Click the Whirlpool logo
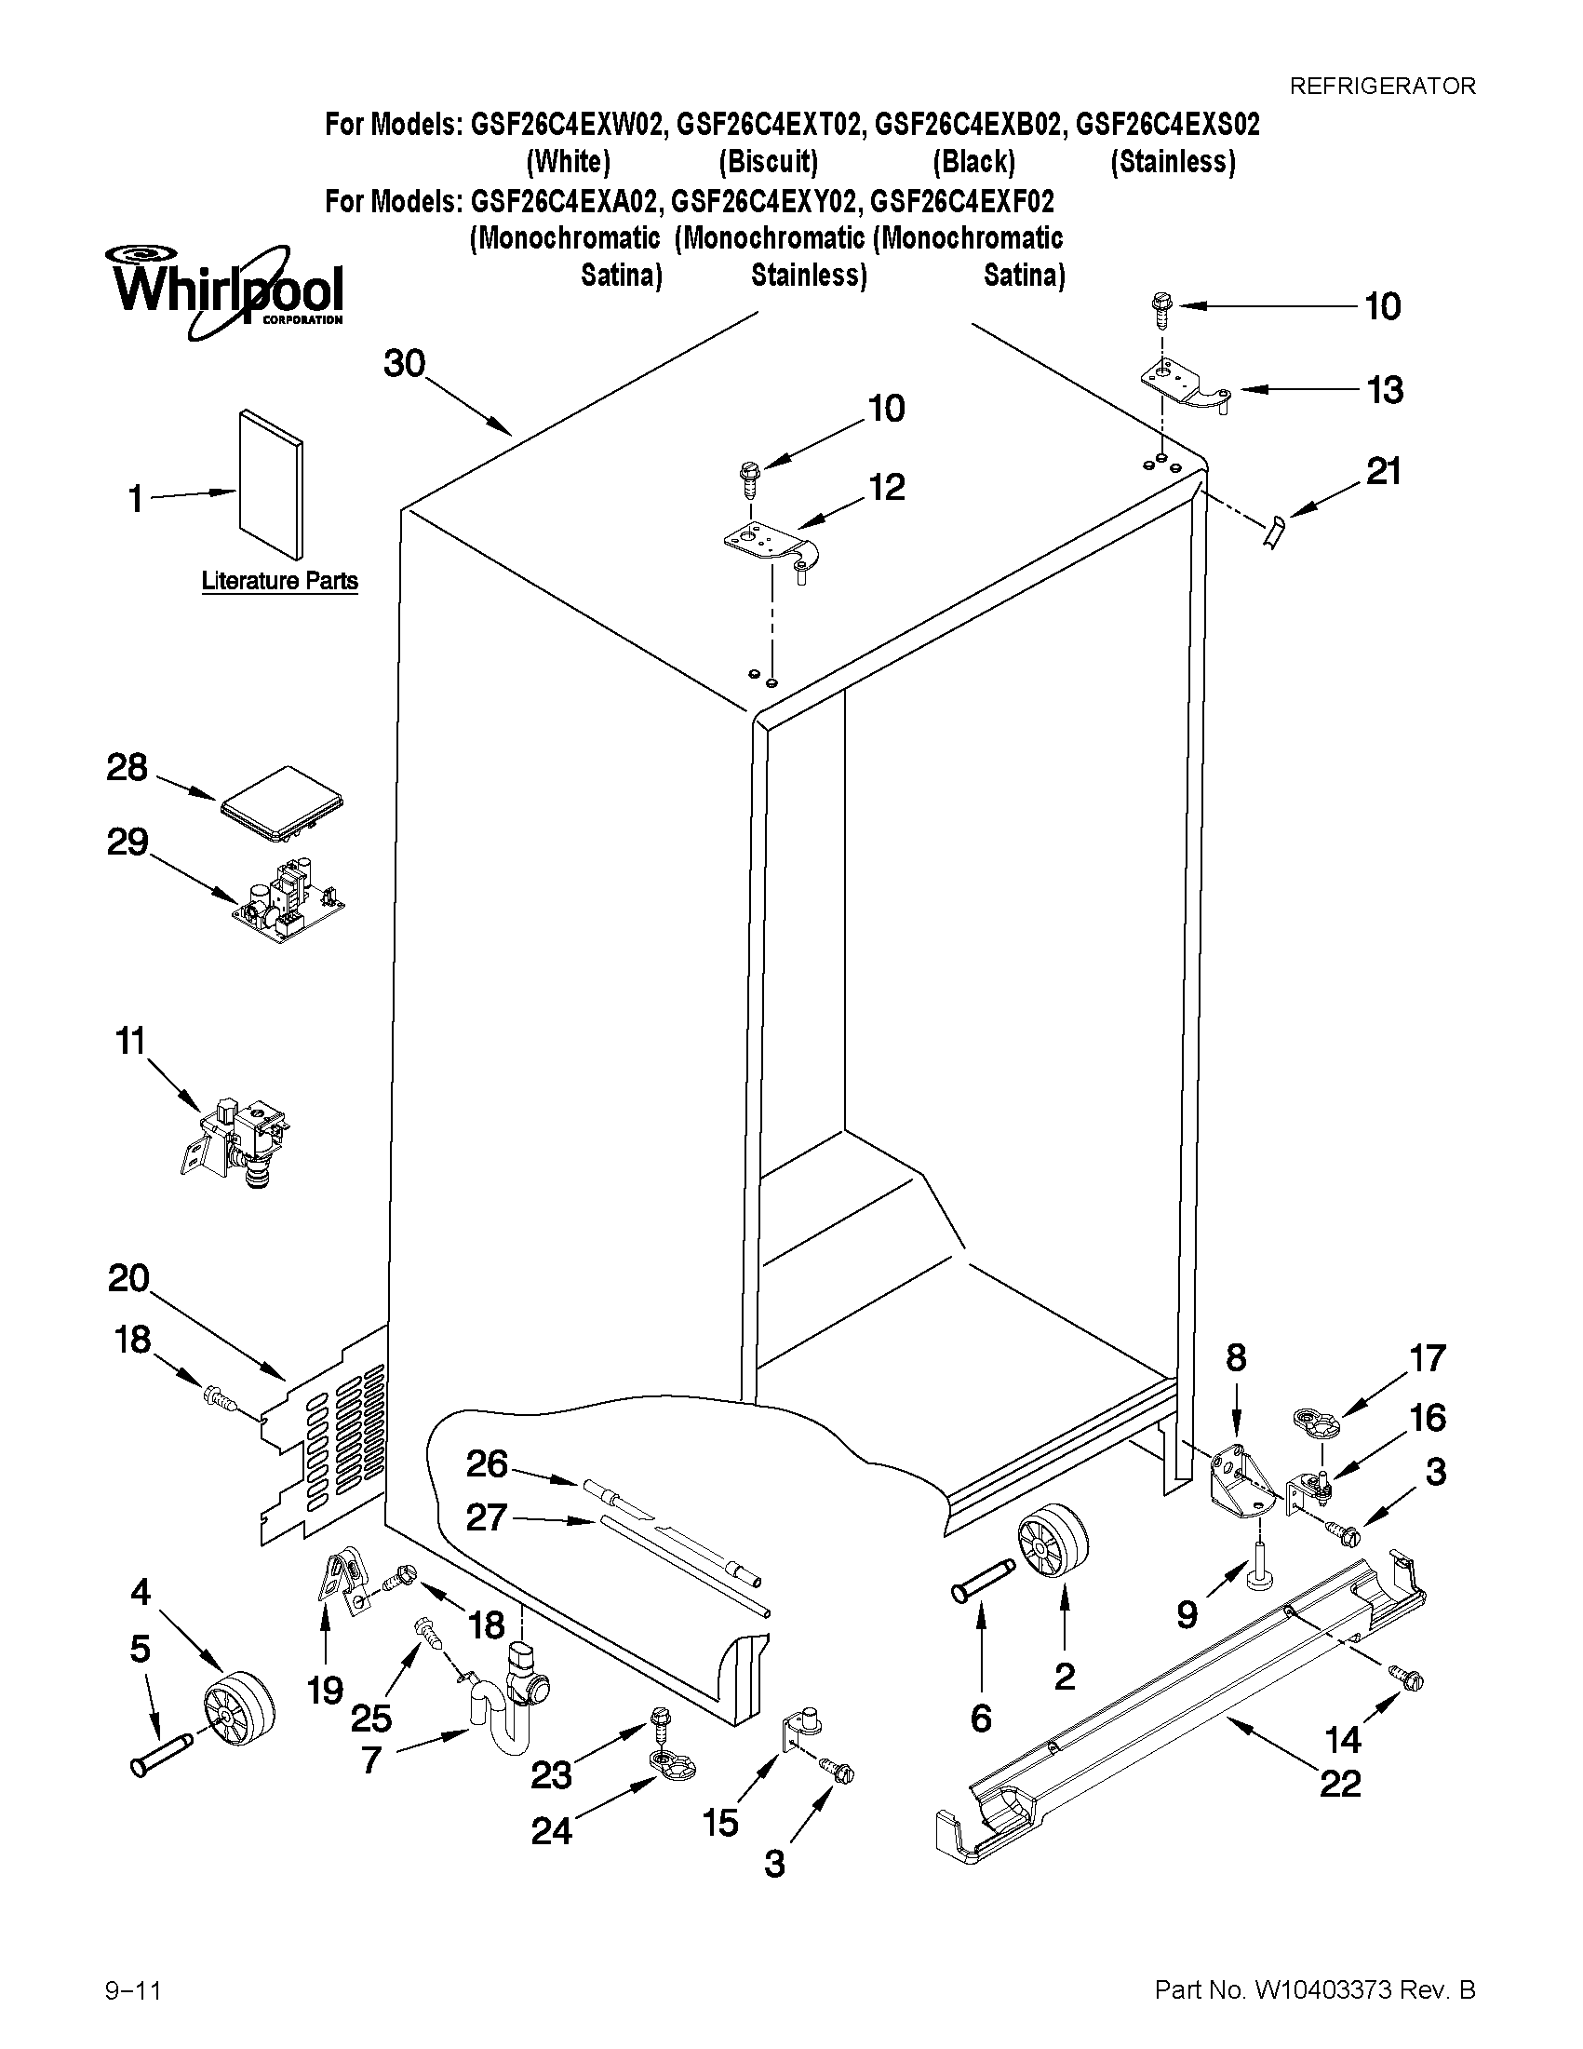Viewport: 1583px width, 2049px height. coord(225,289)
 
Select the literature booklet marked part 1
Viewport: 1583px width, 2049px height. coord(271,483)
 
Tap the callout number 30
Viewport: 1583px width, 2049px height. coord(404,363)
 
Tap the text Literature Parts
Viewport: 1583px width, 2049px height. coord(279,581)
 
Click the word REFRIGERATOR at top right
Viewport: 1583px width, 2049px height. coord(1382,87)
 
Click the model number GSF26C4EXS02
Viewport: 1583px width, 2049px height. coord(1167,125)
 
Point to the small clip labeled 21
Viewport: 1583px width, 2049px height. coord(1272,534)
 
